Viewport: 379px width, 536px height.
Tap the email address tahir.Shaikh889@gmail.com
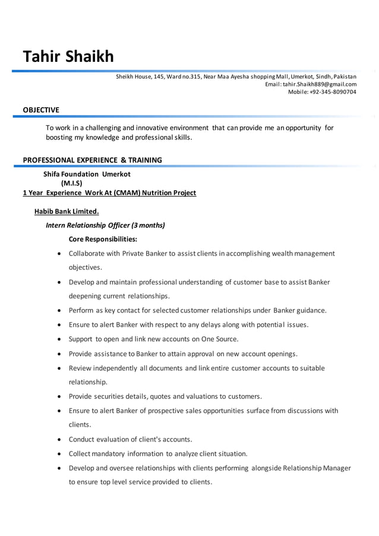320,84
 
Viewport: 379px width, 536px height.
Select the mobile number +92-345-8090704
333,92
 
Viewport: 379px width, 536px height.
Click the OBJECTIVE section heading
41,110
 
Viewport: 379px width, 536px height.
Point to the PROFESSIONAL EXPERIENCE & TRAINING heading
92,160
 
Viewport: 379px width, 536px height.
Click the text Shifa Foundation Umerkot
87,174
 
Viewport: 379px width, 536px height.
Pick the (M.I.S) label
72,183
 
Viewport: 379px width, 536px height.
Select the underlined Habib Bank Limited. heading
67,211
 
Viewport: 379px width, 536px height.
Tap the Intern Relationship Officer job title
105,225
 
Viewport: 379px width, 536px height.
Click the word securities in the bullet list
109,396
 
